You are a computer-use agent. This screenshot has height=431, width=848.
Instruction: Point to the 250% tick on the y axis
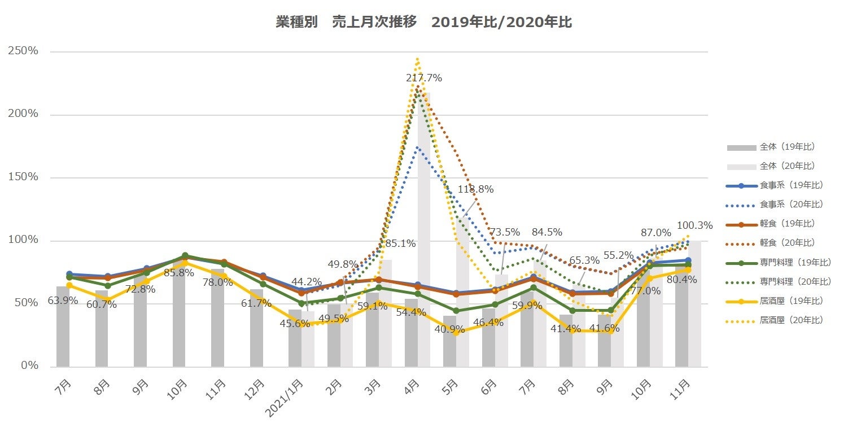tap(23, 51)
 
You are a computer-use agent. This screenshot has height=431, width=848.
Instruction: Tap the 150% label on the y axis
tap(23, 177)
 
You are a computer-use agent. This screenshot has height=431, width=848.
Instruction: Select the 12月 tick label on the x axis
tap(255, 388)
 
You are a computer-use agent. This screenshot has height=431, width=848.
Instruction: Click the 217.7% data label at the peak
tap(424, 78)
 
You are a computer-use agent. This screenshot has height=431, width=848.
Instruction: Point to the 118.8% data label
tap(475, 189)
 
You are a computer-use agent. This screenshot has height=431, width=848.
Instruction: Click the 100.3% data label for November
tap(694, 225)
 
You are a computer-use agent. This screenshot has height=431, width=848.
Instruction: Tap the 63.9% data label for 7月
tap(63, 301)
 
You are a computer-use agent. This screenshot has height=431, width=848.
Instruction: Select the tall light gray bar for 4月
tap(423, 226)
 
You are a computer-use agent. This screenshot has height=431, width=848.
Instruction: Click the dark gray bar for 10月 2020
tap(179, 316)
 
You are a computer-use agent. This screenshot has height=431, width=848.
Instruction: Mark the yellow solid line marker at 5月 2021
tap(456, 333)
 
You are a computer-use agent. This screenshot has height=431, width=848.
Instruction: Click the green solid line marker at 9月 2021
tap(610, 310)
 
